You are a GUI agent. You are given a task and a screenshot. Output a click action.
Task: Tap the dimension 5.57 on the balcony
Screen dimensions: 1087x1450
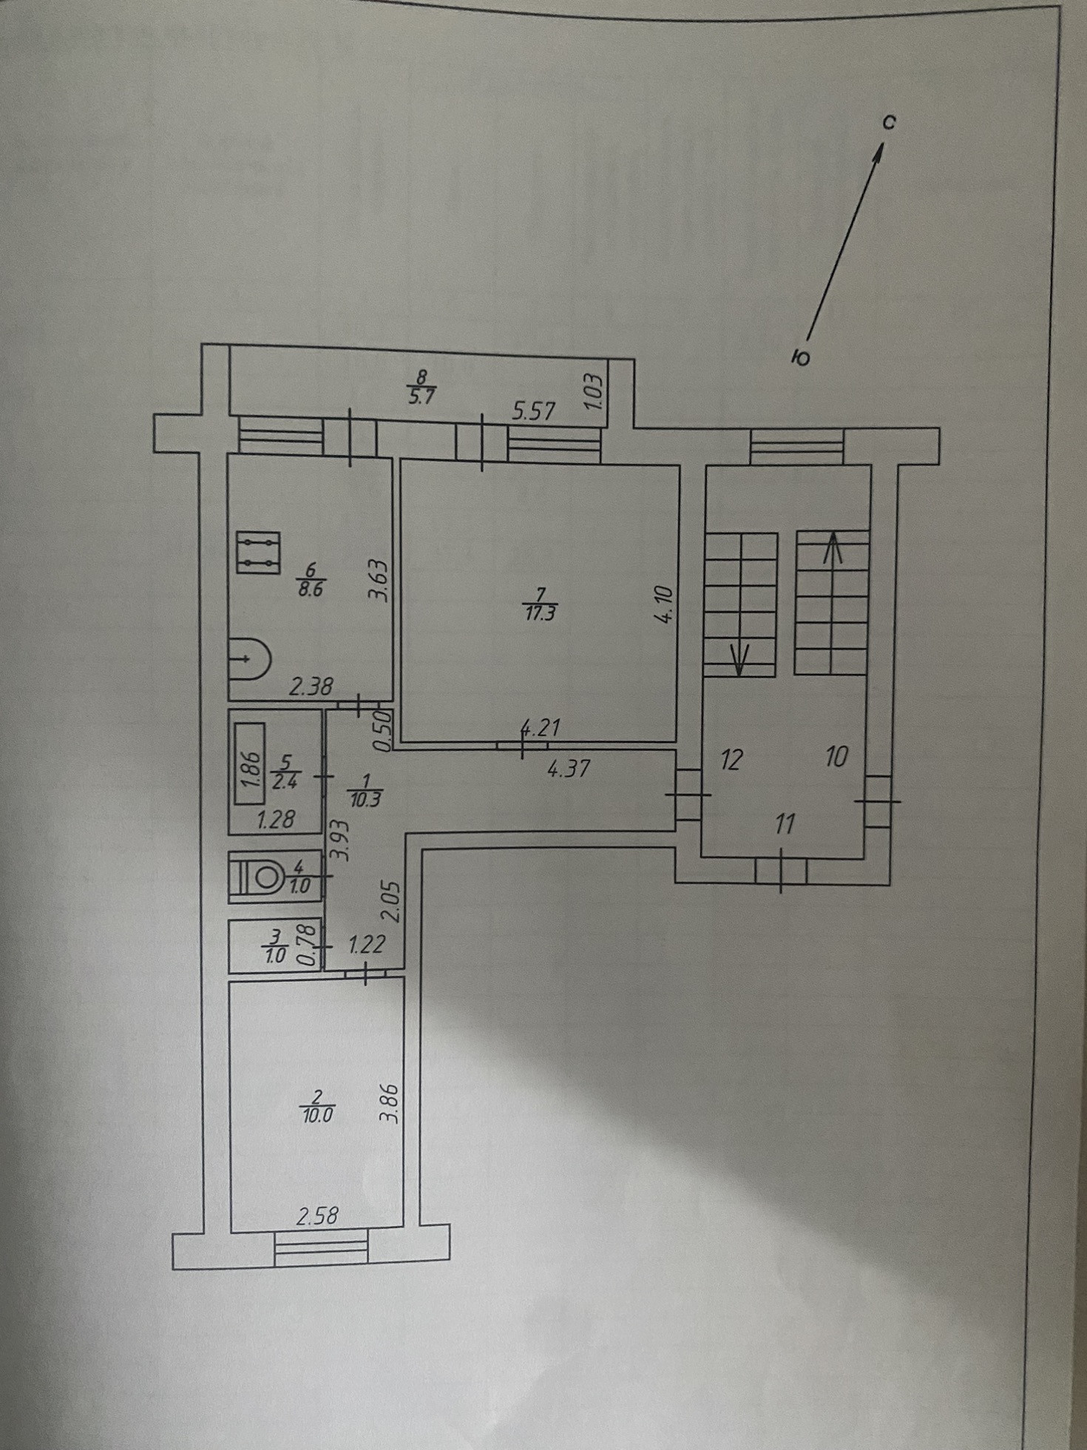[x=533, y=411]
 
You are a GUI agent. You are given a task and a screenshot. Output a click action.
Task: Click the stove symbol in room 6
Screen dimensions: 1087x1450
[x=258, y=552]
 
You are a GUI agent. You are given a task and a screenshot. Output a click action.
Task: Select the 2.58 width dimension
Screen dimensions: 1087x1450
[x=317, y=1215]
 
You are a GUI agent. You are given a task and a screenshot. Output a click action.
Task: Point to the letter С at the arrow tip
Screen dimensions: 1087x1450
[x=890, y=123]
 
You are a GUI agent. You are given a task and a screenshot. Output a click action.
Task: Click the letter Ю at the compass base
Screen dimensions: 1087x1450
[x=800, y=359]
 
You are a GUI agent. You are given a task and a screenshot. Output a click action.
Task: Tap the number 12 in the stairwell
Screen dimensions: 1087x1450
[x=731, y=760]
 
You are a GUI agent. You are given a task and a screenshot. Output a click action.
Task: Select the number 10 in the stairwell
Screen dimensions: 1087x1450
[x=836, y=757]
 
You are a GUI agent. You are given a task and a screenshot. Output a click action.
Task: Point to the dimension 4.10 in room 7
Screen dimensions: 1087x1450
[x=663, y=604]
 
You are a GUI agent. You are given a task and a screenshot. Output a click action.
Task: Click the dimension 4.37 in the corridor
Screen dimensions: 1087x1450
[x=569, y=769]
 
